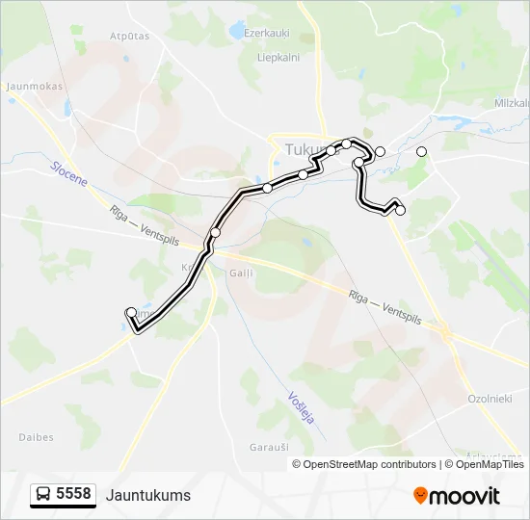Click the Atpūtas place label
point(130,36)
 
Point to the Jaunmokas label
point(34,86)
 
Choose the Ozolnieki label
point(490,398)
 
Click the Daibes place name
point(36,437)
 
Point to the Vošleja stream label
point(301,408)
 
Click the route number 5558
point(73,494)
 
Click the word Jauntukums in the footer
point(148,495)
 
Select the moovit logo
point(457,496)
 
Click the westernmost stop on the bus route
point(131,312)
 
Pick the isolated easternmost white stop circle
point(421,151)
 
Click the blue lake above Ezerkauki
point(237,31)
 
